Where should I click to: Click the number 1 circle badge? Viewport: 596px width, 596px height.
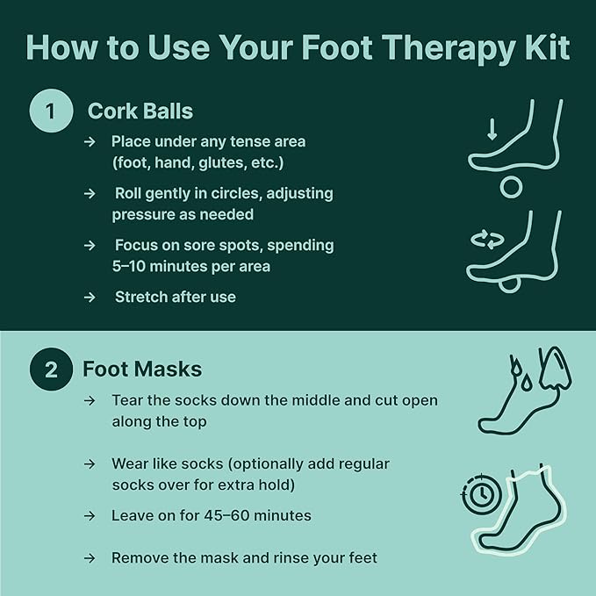(x=52, y=111)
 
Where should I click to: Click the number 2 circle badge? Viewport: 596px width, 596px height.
(x=52, y=370)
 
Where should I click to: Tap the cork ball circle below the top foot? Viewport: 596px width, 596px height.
(x=511, y=187)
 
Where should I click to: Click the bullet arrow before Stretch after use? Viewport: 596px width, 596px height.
(x=90, y=297)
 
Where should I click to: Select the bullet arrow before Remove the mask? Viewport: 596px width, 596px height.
(x=90, y=557)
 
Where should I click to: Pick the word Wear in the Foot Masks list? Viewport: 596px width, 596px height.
(x=128, y=463)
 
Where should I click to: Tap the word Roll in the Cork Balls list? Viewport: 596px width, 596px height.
(x=128, y=193)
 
